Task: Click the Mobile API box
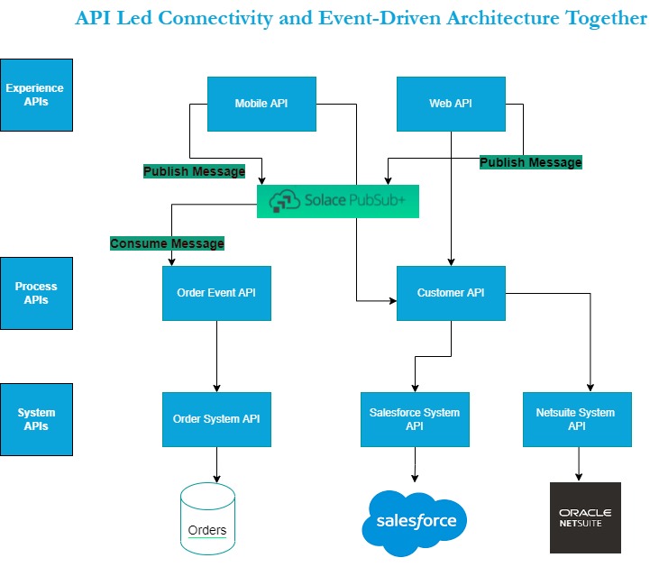click(261, 104)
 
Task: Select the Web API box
click(450, 104)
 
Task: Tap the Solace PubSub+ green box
click(338, 201)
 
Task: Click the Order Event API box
click(216, 293)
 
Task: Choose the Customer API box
click(451, 293)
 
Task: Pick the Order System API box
click(216, 419)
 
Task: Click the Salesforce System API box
click(415, 419)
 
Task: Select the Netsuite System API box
click(577, 419)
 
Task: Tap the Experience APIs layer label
click(36, 95)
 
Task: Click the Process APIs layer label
click(36, 293)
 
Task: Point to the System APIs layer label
click(36, 419)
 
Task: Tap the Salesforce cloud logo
click(416, 519)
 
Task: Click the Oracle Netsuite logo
click(585, 517)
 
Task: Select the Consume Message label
click(167, 243)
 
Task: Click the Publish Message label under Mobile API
click(194, 171)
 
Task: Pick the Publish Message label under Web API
click(530, 162)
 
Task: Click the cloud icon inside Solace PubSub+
click(285, 201)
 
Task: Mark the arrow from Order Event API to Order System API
click(216, 356)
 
